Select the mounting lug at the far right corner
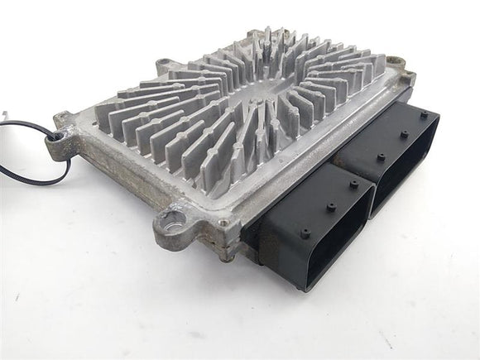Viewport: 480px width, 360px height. pos(401,62)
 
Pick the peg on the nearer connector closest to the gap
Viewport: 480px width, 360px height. pos(353,185)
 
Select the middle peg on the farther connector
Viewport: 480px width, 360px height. pos(403,134)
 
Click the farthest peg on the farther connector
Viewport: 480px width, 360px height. pos(425,114)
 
